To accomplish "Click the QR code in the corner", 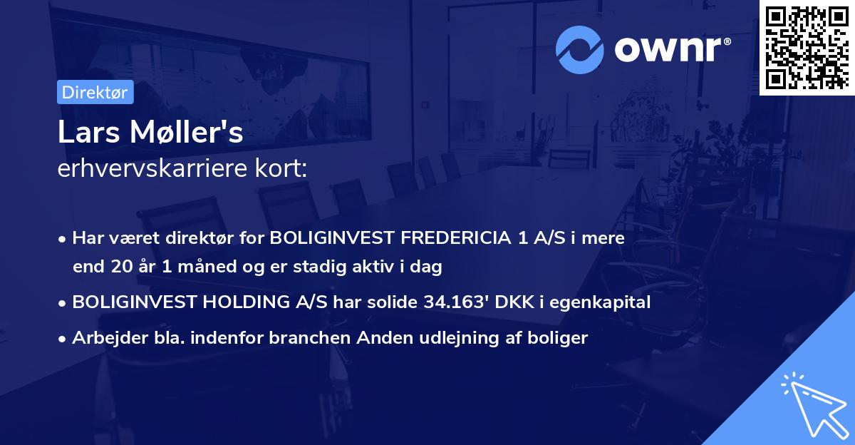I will click(807, 48).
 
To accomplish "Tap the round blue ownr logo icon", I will click(579, 48).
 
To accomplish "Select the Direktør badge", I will click(95, 92).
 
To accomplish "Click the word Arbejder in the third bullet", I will click(103, 337).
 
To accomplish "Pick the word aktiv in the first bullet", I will click(386, 267).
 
